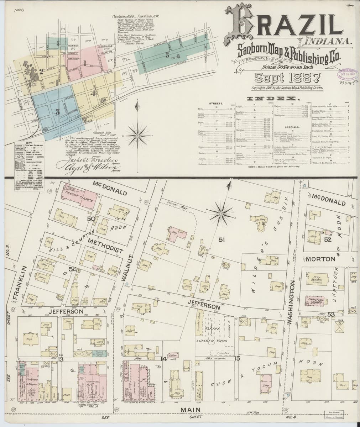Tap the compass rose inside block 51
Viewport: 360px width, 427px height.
click(221, 213)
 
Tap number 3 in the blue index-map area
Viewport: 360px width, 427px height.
click(57, 112)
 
